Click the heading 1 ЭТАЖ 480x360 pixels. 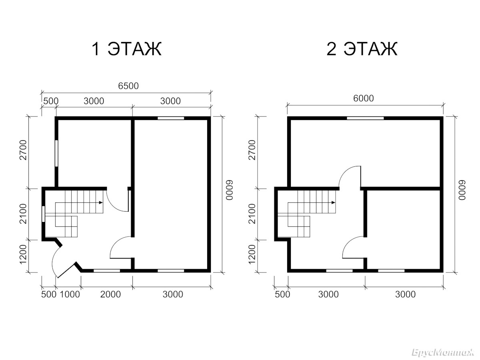pos(126,49)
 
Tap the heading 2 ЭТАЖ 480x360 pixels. pos(362,49)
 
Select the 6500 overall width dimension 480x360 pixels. pos(128,86)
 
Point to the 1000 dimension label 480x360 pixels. pos(70,294)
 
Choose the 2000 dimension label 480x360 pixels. pos(110,294)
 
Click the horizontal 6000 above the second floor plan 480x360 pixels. pos(364,98)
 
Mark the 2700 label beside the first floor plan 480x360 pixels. pos(23,150)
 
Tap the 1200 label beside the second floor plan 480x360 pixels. pos(252,254)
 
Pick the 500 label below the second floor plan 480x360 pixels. pos(282,294)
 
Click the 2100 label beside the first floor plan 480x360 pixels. pos(23,214)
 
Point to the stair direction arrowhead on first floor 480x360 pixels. pos(101,202)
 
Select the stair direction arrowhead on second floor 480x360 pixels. pos(333,202)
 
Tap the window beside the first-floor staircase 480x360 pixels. pos(43,214)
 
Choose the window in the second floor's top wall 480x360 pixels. pos(365,118)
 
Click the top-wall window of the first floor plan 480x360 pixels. pos(171,118)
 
